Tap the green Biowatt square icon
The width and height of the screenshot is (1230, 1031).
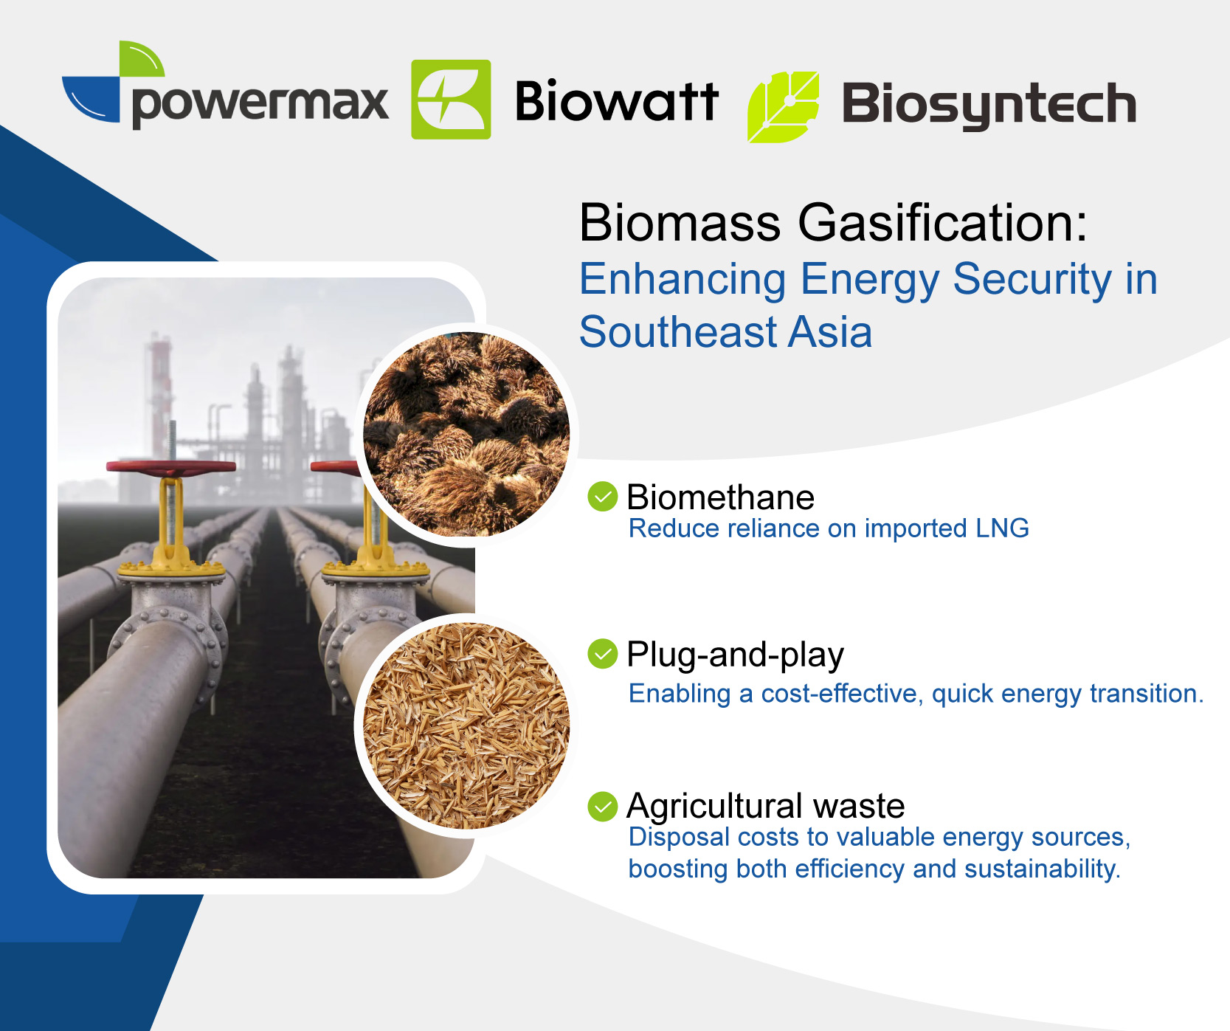click(451, 100)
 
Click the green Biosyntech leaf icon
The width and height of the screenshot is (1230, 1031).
click(783, 107)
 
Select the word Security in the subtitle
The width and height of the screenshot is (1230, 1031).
click(1032, 280)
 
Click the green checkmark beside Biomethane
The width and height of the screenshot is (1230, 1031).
click(603, 497)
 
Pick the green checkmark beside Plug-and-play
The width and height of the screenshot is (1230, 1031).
click(603, 654)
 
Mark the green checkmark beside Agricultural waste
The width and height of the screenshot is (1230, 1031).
click(603, 807)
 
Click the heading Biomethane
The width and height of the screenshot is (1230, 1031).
click(720, 497)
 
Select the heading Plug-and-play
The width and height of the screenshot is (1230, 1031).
click(735, 655)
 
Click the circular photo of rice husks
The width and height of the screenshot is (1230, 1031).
click(466, 725)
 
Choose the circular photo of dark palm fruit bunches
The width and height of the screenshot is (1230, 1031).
click(466, 435)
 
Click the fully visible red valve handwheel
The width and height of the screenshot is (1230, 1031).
click(171, 467)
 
